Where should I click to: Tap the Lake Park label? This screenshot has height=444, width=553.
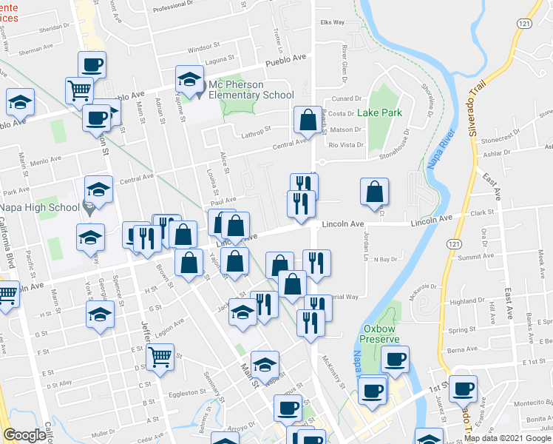(x=379, y=113)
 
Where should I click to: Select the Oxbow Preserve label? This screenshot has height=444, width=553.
(x=380, y=334)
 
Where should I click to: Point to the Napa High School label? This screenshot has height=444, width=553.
(x=39, y=208)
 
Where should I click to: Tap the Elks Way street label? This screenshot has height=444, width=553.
(x=333, y=22)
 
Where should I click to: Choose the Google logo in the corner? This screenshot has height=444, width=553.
(x=24, y=435)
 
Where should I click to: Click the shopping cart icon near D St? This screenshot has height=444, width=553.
(x=160, y=357)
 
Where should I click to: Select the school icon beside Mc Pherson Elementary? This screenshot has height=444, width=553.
(x=189, y=79)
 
